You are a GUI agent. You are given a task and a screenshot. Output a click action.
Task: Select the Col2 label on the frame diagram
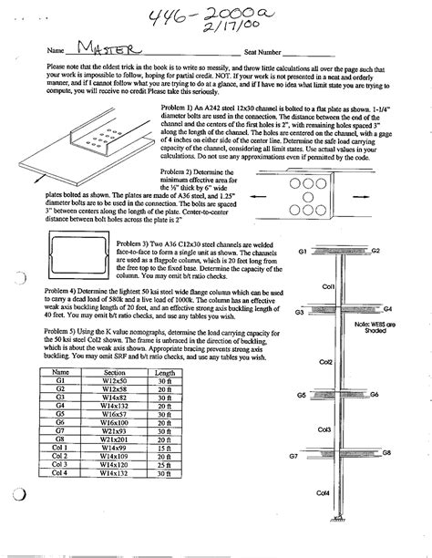tap(324, 361)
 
